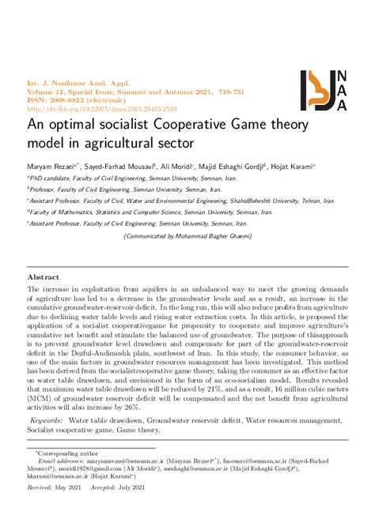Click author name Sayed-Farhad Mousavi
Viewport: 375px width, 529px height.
[123, 167]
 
